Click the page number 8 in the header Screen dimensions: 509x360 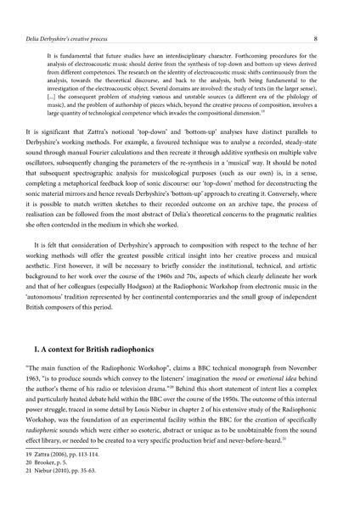pyautogui.click(x=339, y=14)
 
